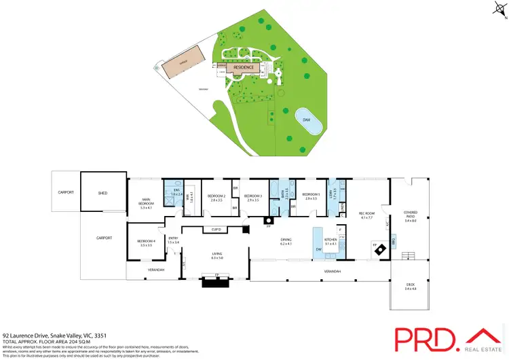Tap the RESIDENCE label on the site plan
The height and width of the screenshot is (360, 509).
(x=244, y=68)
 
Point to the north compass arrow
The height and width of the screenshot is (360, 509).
(x=499, y=9)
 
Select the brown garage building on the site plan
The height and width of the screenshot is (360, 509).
(x=182, y=62)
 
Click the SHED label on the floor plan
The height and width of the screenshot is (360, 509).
(x=103, y=193)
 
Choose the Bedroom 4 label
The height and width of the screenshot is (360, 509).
(x=146, y=242)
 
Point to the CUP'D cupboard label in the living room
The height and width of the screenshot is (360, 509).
(x=216, y=230)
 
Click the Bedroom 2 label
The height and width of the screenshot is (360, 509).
(x=217, y=196)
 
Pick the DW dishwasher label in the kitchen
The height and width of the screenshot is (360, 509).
(x=318, y=249)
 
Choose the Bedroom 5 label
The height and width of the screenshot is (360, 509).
(x=311, y=196)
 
